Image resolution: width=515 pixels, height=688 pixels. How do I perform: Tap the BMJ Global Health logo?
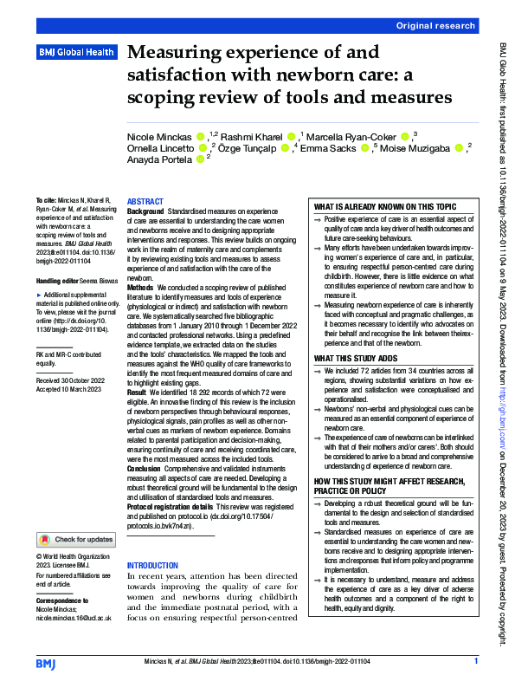pyautogui.click(x=75, y=53)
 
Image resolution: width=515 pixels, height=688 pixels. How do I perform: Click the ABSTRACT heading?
pyautogui.click(x=145, y=201)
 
